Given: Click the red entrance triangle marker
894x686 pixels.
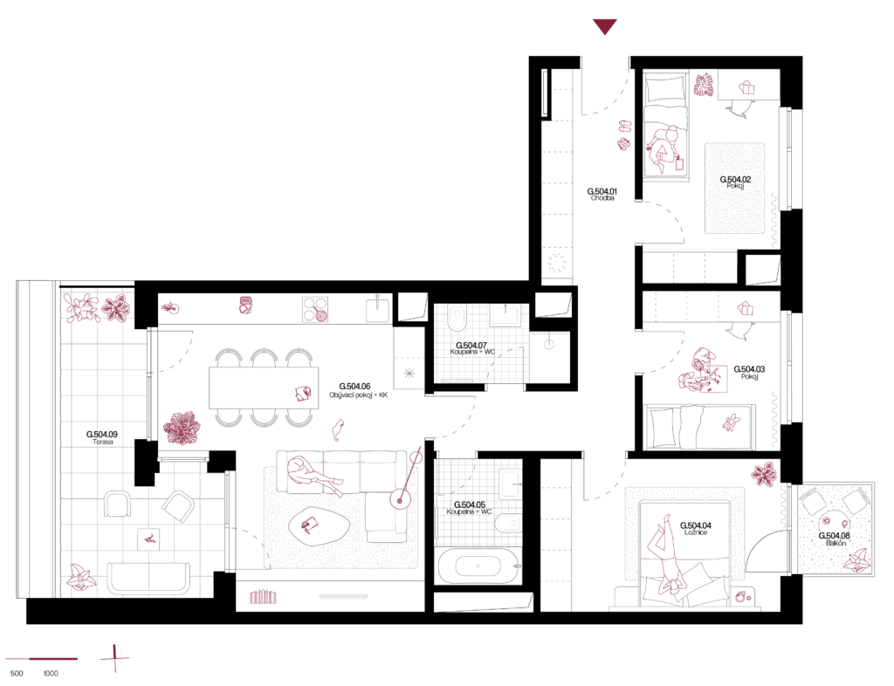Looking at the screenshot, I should [604, 26].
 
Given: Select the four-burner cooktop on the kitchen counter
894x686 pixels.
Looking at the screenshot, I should [315, 309].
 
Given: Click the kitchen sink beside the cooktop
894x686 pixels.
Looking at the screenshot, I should [377, 310].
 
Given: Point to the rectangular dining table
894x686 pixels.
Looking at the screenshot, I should [264, 388].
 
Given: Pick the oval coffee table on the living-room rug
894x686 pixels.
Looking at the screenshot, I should [319, 525].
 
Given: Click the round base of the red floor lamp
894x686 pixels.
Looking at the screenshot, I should [400, 498].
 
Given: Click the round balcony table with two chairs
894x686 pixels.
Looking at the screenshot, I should [834, 525].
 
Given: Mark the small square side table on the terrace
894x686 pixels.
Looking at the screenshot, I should [148, 539].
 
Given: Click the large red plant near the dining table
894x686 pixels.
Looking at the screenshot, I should [182, 428].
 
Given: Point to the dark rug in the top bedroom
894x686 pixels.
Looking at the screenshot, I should [734, 188].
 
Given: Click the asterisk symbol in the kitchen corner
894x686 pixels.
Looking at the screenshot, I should [409, 374].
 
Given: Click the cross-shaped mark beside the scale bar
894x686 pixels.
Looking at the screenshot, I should [114, 658].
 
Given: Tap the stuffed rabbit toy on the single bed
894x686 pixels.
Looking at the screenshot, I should [730, 423].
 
